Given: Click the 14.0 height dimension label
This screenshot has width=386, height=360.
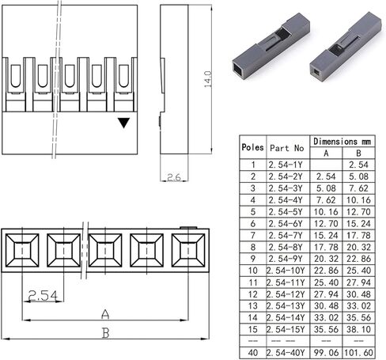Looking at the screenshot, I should click(x=208, y=79).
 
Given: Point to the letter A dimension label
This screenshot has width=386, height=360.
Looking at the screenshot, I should click(x=104, y=313).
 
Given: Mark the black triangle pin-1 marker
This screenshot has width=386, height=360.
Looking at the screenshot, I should click(x=123, y=123).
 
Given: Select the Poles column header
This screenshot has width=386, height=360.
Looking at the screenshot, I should click(x=252, y=146).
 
